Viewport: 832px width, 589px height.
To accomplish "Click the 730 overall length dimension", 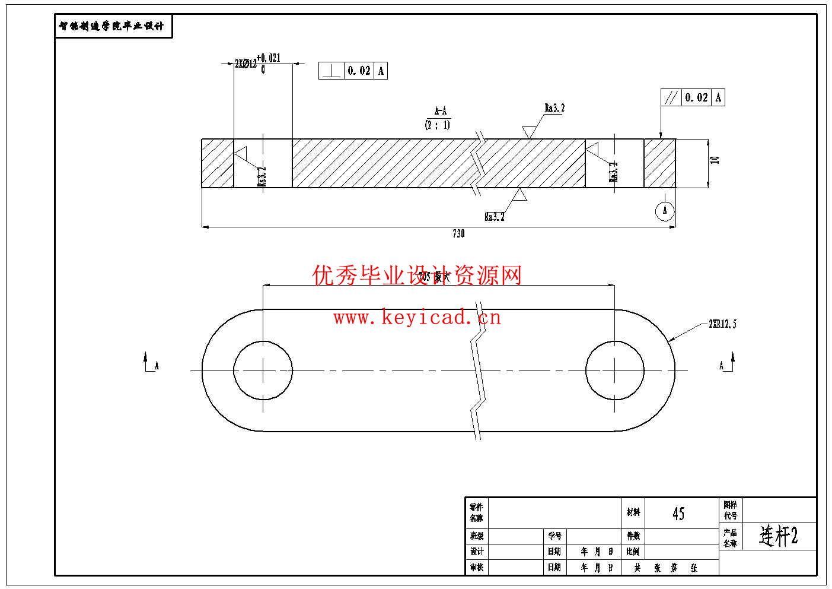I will click(x=458, y=233).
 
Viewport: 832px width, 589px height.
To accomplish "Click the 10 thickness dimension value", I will click(x=715, y=160).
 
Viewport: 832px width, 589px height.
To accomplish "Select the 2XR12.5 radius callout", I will click(x=722, y=324).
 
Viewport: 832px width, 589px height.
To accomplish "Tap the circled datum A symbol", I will click(x=665, y=211).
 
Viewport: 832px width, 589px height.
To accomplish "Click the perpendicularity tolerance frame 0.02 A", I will click(x=353, y=71).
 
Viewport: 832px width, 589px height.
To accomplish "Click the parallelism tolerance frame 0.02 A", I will click(x=693, y=97).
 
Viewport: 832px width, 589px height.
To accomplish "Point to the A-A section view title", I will click(x=440, y=111).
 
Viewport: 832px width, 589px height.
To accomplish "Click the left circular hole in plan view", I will click(x=263, y=370).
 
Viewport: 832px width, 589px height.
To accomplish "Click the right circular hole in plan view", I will click(x=615, y=370).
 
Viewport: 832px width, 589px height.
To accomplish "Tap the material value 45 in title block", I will click(x=678, y=514).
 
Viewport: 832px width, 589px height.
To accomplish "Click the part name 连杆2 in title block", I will click(x=779, y=536).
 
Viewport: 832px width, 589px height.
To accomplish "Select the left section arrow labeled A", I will click(x=149, y=363).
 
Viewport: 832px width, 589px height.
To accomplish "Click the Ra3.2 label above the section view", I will click(x=554, y=108).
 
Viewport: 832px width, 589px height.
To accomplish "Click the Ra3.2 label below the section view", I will click(x=494, y=217).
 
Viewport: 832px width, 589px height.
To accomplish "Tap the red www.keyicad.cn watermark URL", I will click(x=417, y=318).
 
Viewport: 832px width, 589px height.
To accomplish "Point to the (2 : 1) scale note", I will click(x=437, y=125).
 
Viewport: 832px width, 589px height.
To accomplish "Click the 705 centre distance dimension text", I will click(x=434, y=277).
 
